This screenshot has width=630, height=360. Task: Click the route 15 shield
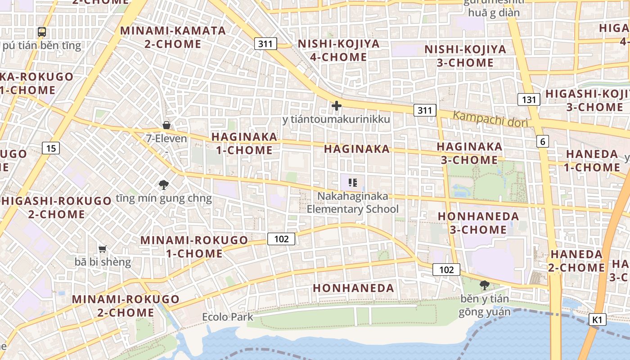click(x=51, y=148)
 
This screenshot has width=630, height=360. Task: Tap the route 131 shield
click(x=528, y=99)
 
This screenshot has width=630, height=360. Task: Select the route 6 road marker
click(x=543, y=141)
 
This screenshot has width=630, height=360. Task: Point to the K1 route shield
click(x=597, y=319)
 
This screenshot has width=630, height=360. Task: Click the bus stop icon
click(x=42, y=32)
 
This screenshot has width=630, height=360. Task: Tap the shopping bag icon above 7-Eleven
click(x=166, y=125)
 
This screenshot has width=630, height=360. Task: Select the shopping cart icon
click(x=103, y=248)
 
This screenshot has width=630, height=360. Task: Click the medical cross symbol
click(x=336, y=106)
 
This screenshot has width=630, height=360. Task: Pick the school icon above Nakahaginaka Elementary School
click(x=353, y=183)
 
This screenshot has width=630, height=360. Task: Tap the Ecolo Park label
click(x=227, y=317)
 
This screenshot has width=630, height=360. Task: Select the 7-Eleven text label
click(x=166, y=138)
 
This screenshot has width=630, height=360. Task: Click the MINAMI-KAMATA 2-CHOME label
click(x=173, y=37)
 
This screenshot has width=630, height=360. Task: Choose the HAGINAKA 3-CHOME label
click(x=469, y=153)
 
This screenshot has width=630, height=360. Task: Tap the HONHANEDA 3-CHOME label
click(x=478, y=223)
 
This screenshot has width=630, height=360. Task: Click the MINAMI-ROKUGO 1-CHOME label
click(x=194, y=247)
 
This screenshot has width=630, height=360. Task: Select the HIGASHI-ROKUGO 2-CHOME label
click(x=57, y=207)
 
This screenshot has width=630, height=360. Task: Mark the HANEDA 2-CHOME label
click(x=576, y=261)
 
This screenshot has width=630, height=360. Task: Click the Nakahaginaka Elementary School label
click(x=353, y=202)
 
